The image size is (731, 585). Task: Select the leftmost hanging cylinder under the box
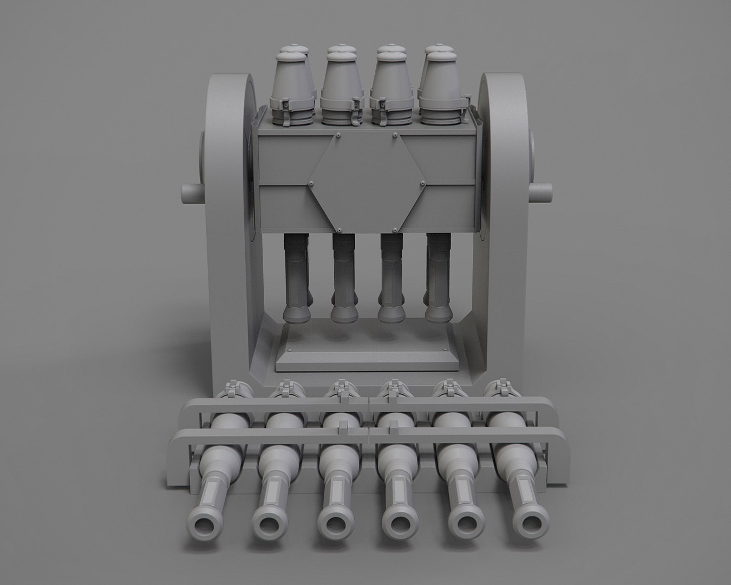pos(297,276)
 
